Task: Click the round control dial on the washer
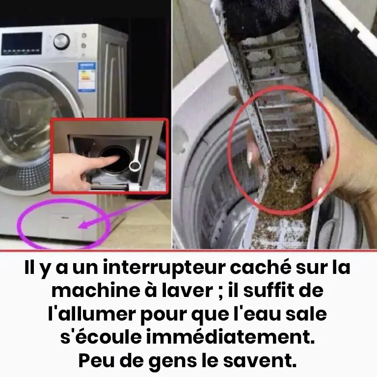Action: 61,41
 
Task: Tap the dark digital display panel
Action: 22,44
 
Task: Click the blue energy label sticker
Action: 86,77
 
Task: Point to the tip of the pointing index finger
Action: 119,157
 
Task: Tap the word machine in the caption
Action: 95,290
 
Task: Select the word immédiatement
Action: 230,337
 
